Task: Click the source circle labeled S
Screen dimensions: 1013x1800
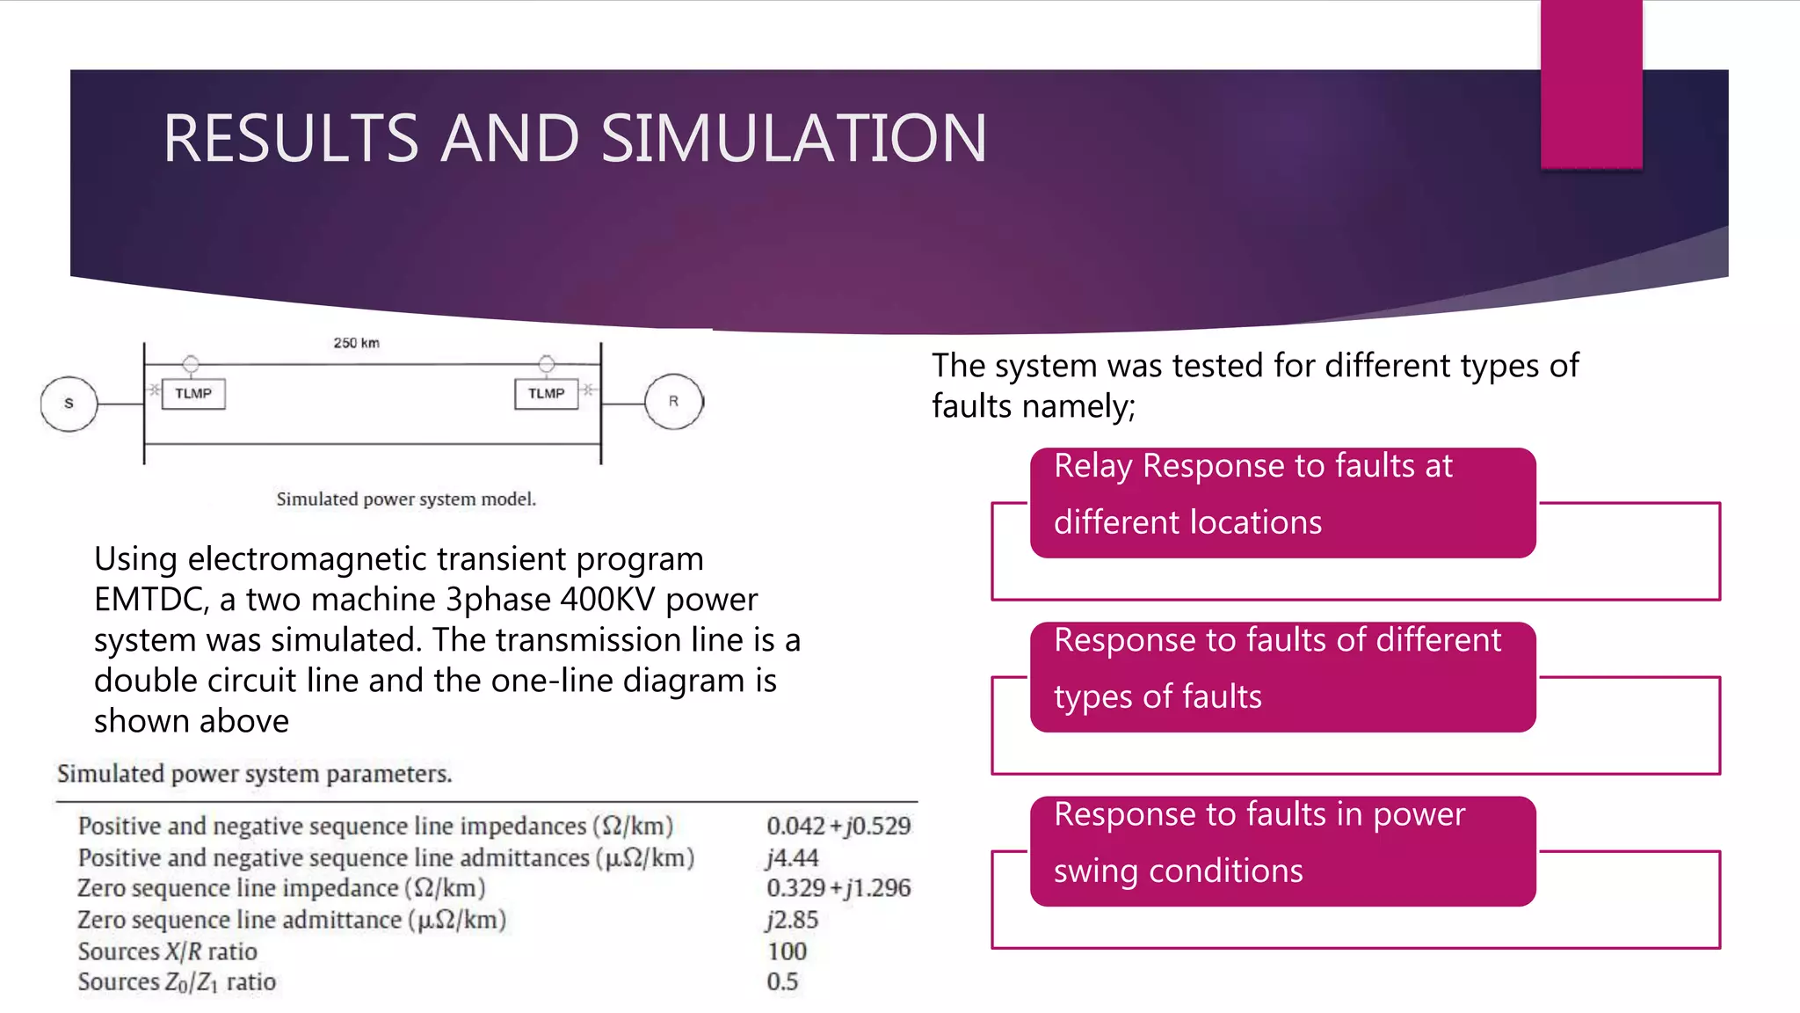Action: pos(69,404)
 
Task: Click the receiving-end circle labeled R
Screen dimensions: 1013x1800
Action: pos(673,402)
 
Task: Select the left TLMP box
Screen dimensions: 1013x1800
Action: pos(193,394)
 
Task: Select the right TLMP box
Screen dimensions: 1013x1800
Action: pos(546,394)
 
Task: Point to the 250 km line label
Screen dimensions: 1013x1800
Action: pos(356,343)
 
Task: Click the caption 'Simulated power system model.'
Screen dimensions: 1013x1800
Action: pos(406,499)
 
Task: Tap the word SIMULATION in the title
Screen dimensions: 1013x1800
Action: pos(794,139)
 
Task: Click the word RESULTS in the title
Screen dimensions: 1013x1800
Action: pos(291,139)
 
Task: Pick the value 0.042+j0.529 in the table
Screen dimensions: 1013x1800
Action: pos(838,826)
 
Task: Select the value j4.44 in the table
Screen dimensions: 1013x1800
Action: pos(792,857)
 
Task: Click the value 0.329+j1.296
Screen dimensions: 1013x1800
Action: pos(838,888)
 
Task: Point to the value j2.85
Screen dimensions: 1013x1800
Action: pos(792,920)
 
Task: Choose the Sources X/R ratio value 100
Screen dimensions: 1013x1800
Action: pos(787,951)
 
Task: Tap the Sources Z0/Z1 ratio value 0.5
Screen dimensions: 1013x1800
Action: pos(782,982)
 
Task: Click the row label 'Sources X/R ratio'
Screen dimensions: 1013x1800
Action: pos(167,951)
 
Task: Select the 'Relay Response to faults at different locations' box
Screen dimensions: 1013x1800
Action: pos(1282,503)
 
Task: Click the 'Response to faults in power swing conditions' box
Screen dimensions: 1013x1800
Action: pos(1282,851)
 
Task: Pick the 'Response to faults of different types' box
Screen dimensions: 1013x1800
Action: pos(1282,677)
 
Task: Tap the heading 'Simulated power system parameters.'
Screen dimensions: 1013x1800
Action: pos(255,774)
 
